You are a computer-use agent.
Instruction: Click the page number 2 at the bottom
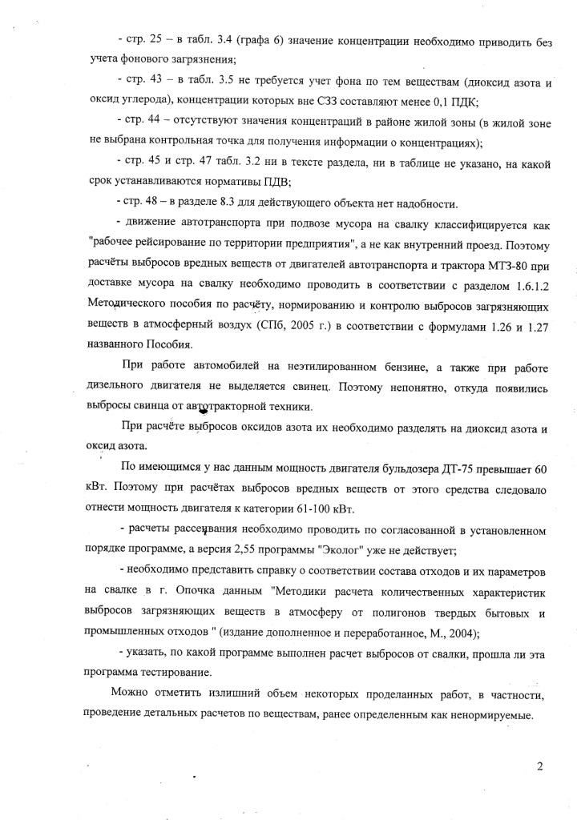pos(540,766)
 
